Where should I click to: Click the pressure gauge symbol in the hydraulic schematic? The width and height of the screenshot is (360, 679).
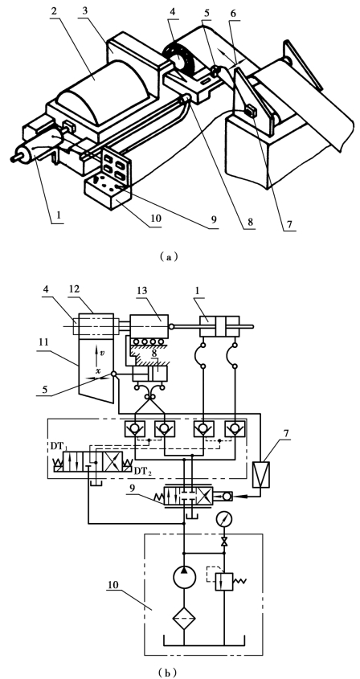pyautogui.click(x=224, y=519)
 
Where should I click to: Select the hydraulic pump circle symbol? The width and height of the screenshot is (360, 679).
pyautogui.click(x=184, y=577)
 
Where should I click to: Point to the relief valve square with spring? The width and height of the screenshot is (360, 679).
pyautogui.click(x=224, y=579)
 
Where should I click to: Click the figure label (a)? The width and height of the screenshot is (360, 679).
pyautogui.click(x=169, y=257)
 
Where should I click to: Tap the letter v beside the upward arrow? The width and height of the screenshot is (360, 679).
pyautogui.click(x=101, y=353)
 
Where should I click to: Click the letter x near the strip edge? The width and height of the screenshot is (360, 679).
pyautogui.click(x=97, y=371)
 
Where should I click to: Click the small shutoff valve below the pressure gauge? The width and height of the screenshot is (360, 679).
pyautogui.click(x=224, y=542)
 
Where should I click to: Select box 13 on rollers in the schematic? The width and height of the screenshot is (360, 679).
pyautogui.click(x=149, y=325)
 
